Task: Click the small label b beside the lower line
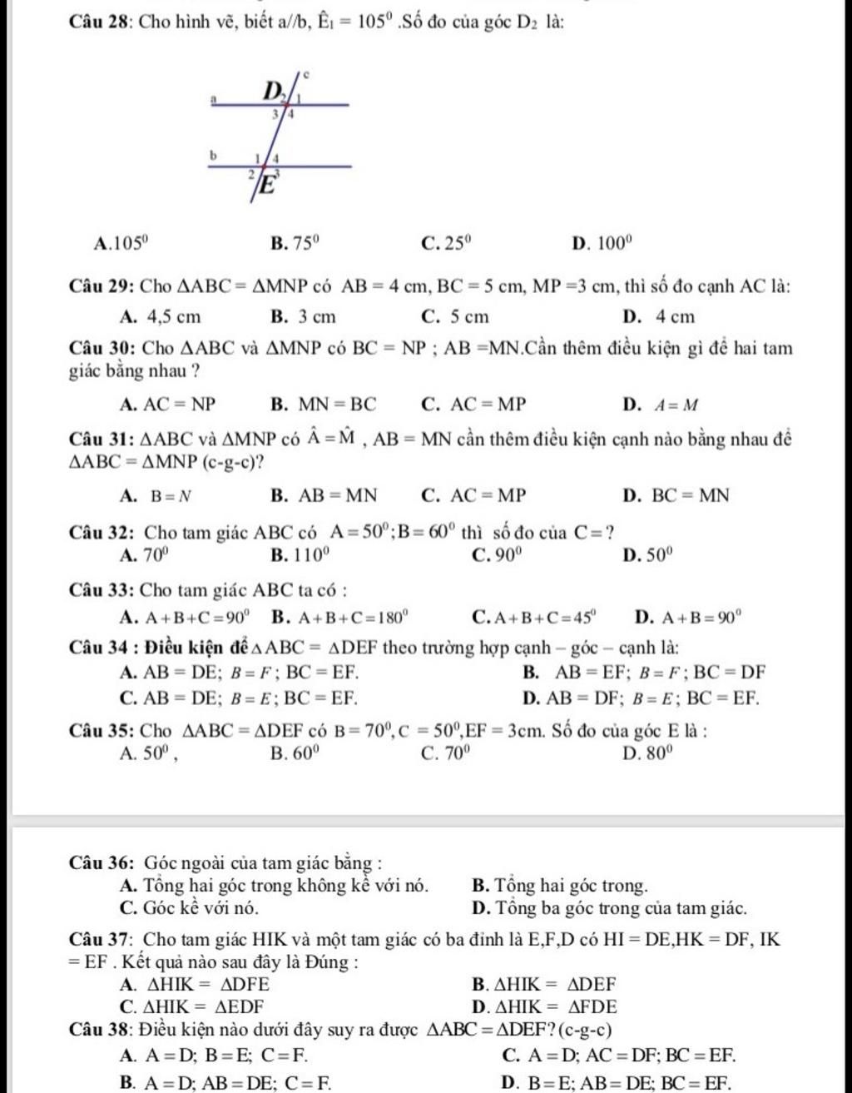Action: click(212, 155)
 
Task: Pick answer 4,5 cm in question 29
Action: click(172, 316)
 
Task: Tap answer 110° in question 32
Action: click(315, 554)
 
